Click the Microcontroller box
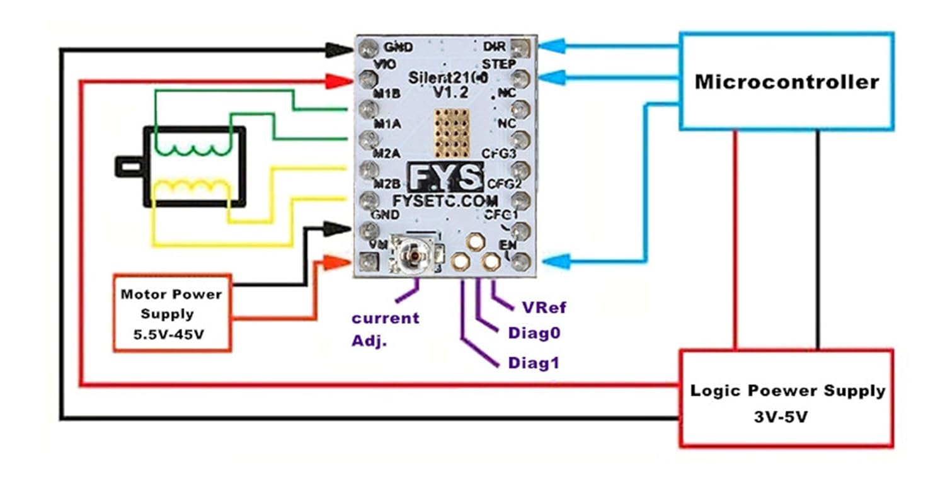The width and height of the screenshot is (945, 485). click(786, 82)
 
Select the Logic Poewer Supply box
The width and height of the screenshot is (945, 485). click(787, 398)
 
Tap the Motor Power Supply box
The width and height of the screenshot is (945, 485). click(172, 312)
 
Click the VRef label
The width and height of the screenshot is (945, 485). click(544, 307)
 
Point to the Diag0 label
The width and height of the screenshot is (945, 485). click(534, 333)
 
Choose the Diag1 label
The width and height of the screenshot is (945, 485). click(534, 363)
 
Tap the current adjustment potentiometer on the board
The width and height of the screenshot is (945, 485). click(413, 256)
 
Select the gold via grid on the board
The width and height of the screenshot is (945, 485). click(452, 132)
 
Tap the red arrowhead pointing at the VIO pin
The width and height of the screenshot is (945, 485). click(338, 80)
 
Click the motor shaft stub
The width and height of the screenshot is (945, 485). click(129, 167)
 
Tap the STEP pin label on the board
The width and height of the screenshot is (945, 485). click(499, 64)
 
